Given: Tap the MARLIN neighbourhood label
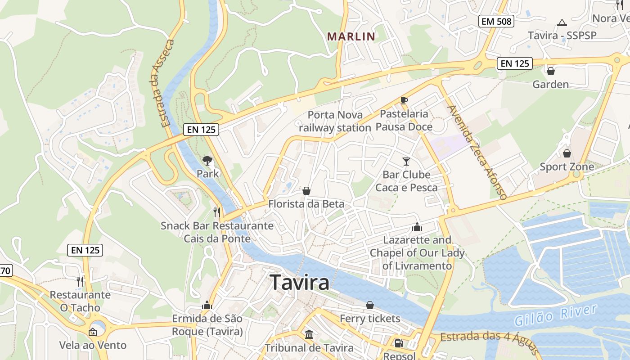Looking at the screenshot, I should [x=351, y=36].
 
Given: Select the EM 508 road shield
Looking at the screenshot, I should [x=496, y=21].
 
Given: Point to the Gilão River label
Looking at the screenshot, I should [x=556, y=316].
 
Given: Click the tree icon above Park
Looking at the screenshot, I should [x=207, y=160].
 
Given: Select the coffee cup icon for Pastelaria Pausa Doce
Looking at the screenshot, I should [x=404, y=100].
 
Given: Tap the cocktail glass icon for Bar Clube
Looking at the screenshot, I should [x=406, y=161].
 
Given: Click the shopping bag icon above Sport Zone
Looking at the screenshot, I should [x=567, y=153].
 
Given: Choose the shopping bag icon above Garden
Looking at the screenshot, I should [x=550, y=71].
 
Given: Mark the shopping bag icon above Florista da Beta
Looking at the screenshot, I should [x=306, y=191].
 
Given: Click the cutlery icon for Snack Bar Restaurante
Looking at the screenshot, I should [x=217, y=212].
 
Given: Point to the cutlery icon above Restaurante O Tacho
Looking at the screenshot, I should [x=80, y=282].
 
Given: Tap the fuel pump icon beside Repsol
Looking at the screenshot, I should [x=398, y=343].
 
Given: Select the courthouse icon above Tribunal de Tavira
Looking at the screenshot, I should [x=309, y=335].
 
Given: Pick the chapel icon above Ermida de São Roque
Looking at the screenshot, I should [x=207, y=306].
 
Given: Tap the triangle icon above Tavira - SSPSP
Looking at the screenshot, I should [x=562, y=22].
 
